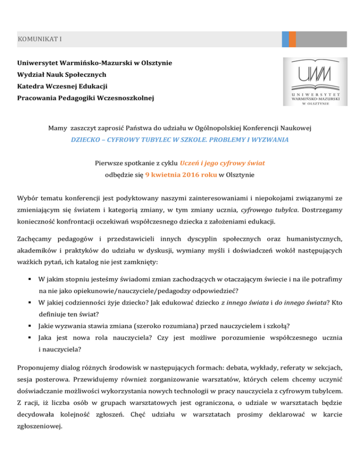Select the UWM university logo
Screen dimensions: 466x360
[315, 82]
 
